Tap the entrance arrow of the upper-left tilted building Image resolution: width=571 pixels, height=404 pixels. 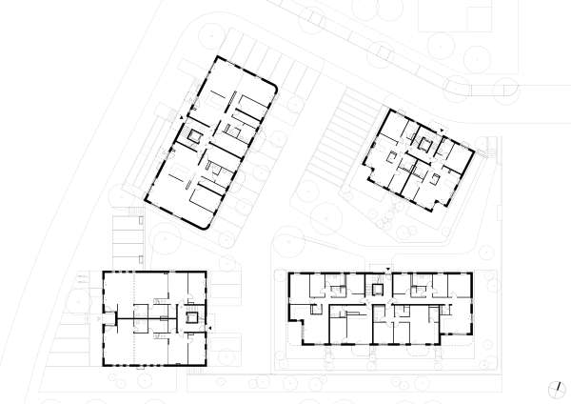(x=182, y=115)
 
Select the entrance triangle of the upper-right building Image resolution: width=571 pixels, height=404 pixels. (x=443, y=132)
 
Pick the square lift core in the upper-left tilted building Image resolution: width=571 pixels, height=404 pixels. (x=196, y=137)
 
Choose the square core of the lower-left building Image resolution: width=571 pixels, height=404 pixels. (x=195, y=317)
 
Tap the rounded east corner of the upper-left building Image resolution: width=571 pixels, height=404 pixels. (x=275, y=88)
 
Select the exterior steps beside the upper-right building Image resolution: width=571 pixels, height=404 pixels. (x=491, y=150)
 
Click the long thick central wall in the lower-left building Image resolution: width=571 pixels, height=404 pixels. (x=143, y=316)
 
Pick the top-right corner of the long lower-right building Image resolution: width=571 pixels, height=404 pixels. (x=473, y=273)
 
